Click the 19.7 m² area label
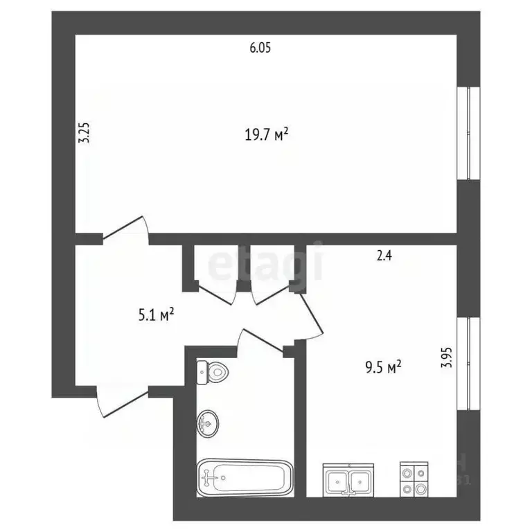266,134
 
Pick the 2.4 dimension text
384,256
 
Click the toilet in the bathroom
213,372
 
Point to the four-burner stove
414,479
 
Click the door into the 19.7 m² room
127,229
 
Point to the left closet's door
215,292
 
